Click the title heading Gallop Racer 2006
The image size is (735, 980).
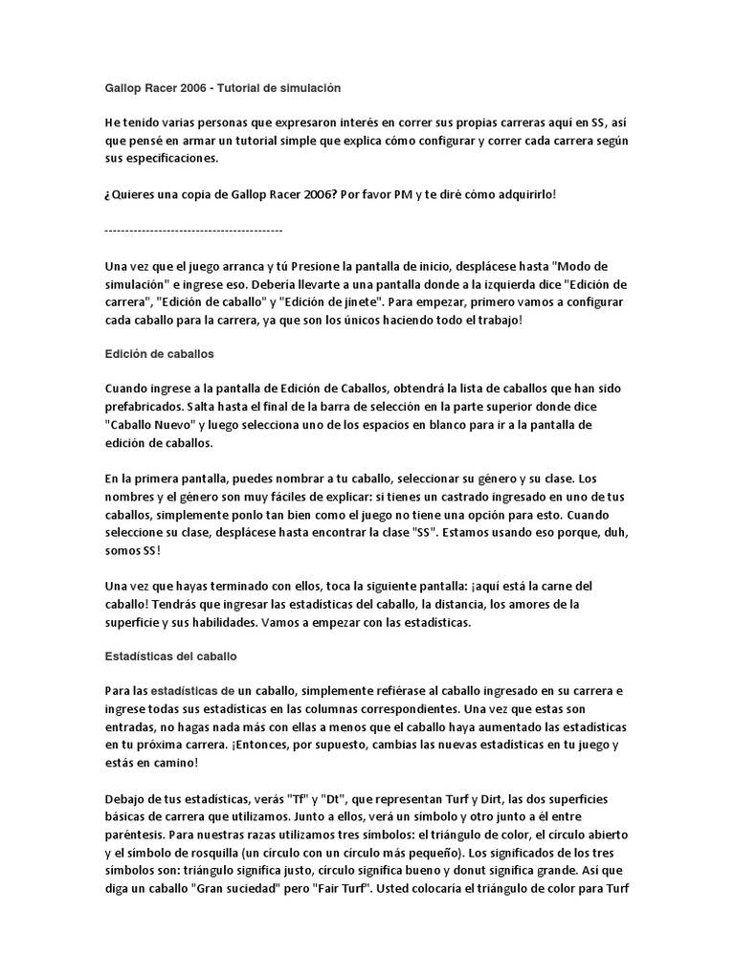coord(222,87)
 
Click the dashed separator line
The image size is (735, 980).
coord(193,230)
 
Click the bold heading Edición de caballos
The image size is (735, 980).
coord(160,353)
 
